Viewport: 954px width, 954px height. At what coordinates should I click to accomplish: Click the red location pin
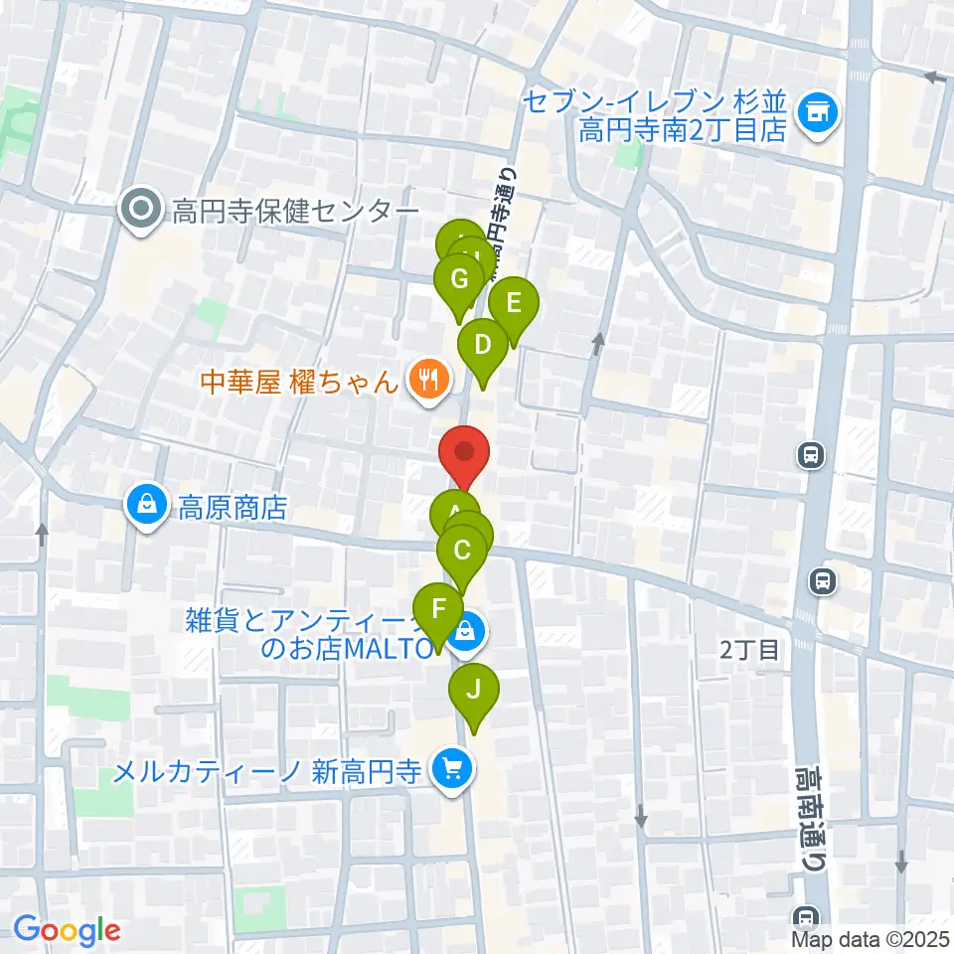[464, 452]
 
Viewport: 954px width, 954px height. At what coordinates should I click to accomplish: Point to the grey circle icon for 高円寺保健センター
[140, 210]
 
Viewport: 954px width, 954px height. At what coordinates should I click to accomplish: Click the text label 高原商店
[233, 509]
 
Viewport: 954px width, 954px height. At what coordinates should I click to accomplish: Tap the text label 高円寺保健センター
[282, 211]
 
